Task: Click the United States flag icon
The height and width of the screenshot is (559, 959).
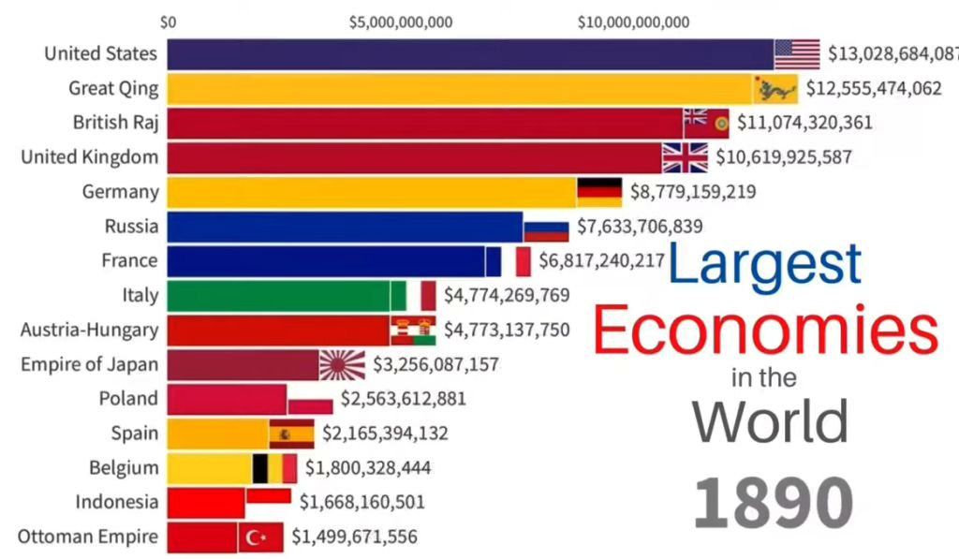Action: click(x=797, y=53)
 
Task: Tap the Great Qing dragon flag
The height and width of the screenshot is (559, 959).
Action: click(x=776, y=89)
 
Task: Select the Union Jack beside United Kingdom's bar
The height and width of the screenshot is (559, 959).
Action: click(x=685, y=157)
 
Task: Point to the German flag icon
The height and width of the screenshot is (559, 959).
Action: click(x=599, y=192)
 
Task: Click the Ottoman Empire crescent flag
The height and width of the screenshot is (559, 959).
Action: click(x=260, y=537)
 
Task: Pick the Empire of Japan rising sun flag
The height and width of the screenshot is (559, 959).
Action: click(x=342, y=364)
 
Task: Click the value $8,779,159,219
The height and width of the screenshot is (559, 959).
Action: click(x=692, y=192)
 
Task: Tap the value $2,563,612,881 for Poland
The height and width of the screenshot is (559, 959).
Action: click(x=404, y=399)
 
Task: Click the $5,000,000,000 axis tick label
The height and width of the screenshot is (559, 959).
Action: click(x=401, y=22)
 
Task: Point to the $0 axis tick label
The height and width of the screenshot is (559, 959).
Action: click(x=169, y=22)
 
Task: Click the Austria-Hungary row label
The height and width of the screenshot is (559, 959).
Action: click(x=90, y=330)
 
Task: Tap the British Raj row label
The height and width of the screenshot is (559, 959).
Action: click(x=116, y=123)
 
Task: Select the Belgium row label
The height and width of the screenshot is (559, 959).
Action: click(x=125, y=467)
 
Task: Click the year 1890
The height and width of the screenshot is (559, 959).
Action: click(x=774, y=503)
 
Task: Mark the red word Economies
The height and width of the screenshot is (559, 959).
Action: click(x=765, y=331)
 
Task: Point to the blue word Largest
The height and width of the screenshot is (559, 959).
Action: click(x=765, y=265)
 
